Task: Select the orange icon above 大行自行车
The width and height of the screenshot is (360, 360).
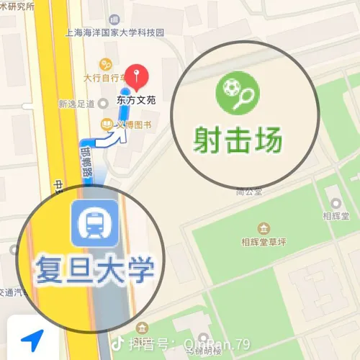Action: click(x=107, y=63)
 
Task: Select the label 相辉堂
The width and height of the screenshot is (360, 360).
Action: click(x=335, y=215)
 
